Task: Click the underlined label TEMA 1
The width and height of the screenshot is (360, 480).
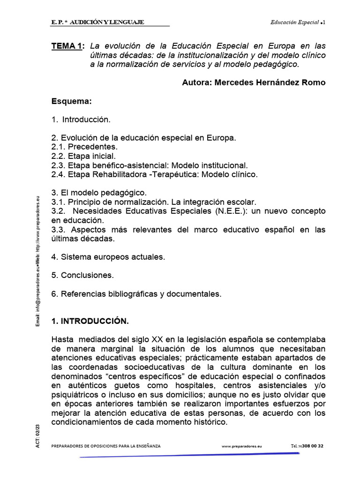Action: point(68,46)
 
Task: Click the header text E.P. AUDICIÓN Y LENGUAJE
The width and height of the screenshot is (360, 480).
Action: point(98,22)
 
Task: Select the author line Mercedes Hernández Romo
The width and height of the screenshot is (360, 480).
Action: point(253,82)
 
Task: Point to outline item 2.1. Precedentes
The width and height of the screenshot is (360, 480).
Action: point(84,147)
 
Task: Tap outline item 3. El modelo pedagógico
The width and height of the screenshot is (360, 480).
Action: point(99,193)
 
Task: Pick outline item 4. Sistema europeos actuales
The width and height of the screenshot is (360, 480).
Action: point(108,257)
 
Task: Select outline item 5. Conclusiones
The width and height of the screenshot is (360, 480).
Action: point(82,275)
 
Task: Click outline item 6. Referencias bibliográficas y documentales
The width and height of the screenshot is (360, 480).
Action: point(136,294)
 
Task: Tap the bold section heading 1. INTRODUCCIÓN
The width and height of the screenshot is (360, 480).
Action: point(90,321)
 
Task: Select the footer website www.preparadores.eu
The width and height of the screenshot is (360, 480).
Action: point(242,446)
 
